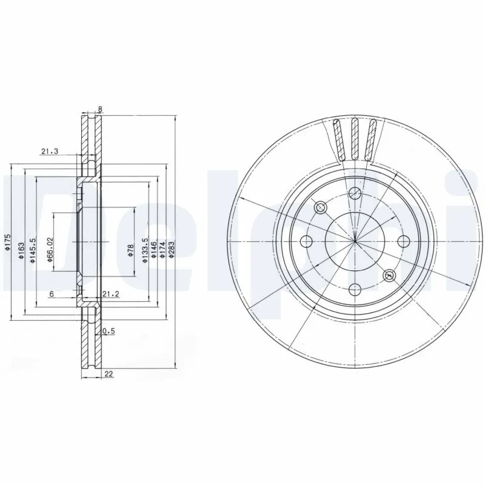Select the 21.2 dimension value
(x=110, y=294)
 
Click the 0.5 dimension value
(x=109, y=331)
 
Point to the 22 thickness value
(x=109, y=374)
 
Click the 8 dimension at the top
(x=100, y=110)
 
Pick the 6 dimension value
(x=52, y=294)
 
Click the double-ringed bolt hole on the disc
(x=389, y=276)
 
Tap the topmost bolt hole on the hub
(x=356, y=193)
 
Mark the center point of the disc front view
(x=355, y=241)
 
